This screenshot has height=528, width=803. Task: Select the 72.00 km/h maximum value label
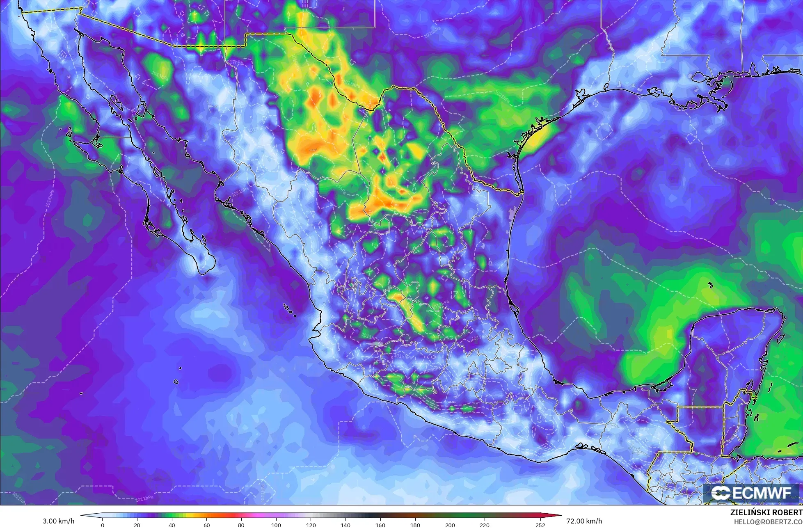pos(584,521)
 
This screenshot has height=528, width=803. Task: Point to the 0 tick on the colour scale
pos(102,525)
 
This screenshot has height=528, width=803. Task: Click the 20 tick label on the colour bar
pos(137,525)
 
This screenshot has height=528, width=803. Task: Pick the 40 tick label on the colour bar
pos(172,525)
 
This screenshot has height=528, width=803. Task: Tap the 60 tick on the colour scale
pos(206,525)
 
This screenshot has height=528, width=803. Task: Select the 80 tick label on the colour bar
pos(241,525)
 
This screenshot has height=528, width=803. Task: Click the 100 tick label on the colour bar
pos(276,525)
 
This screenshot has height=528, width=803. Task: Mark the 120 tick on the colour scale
pos(311,525)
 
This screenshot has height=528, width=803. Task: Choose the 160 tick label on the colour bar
pos(380,525)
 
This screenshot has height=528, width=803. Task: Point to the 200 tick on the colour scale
pos(450,525)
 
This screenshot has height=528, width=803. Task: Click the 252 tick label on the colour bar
pos(540,525)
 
